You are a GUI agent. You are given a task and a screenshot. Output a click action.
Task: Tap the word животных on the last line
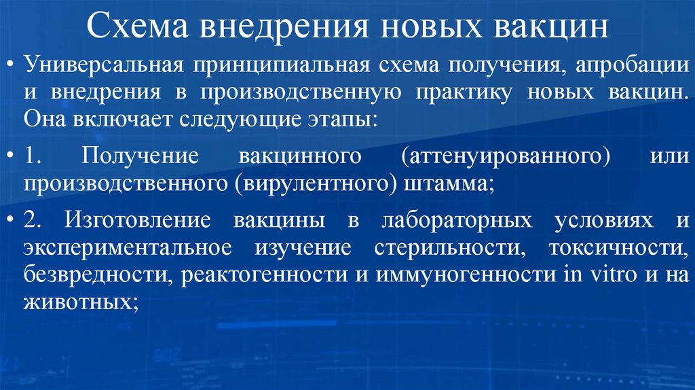tap(78, 301)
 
